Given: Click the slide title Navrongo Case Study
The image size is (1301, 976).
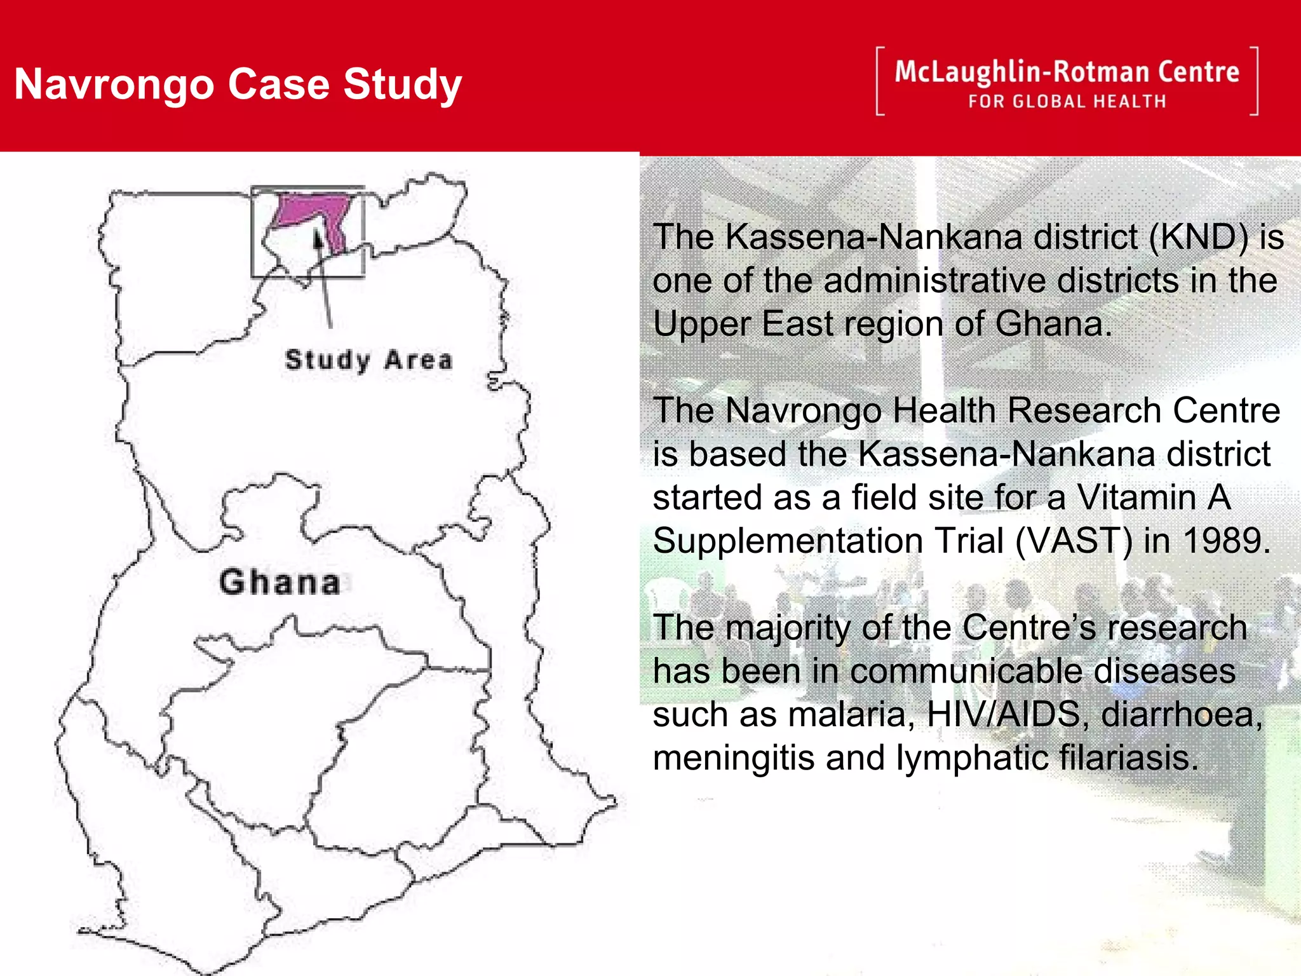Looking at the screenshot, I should (238, 85).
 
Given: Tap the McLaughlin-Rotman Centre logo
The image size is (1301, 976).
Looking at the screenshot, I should (1067, 81).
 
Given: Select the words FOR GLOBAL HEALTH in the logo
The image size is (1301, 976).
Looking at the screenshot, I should (1067, 102).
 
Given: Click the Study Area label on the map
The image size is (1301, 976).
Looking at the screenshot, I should (368, 360).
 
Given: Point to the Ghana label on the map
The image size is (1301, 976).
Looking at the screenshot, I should (280, 582).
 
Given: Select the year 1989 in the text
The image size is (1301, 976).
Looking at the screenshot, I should (1226, 541).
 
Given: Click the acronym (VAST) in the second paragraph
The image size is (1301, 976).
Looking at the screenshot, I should (1074, 541).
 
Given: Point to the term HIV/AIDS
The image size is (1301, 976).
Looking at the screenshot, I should (1004, 714).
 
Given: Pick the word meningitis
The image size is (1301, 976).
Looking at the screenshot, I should (734, 758).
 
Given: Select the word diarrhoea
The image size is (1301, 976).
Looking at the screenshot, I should (1182, 714).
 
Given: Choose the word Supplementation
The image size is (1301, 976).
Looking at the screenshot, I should (788, 541).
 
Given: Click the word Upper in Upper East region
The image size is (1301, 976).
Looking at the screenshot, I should (701, 325).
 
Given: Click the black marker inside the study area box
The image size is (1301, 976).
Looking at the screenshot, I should (318, 240).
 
